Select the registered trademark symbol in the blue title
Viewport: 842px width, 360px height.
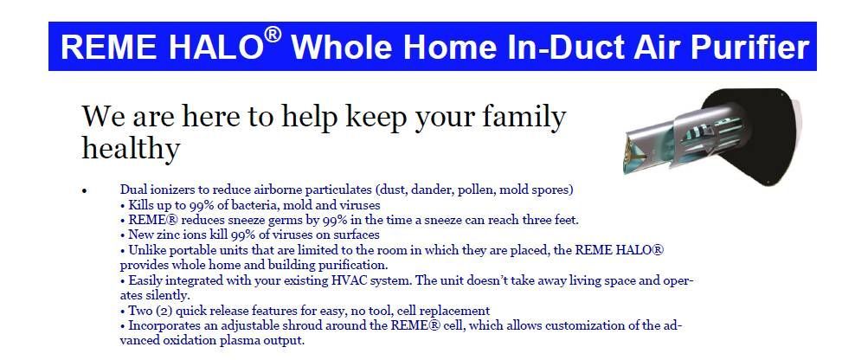click(x=273, y=35)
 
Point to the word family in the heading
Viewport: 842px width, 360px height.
click(x=524, y=117)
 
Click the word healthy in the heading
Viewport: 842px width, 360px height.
click(x=131, y=147)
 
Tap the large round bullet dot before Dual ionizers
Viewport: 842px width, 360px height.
click(x=84, y=190)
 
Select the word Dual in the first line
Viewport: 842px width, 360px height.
click(x=132, y=190)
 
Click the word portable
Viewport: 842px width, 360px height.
click(x=188, y=250)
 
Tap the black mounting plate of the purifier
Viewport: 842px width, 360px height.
click(x=762, y=134)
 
